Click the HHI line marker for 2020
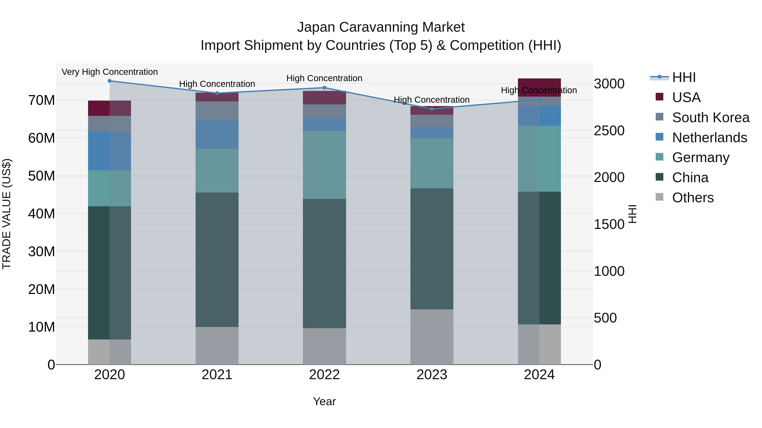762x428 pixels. point(109,81)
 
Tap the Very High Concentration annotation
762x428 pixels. point(109,72)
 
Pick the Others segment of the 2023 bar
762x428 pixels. point(432,337)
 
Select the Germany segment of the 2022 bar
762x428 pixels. point(324,165)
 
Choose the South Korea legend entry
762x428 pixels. point(710,118)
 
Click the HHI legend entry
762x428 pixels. point(683,77)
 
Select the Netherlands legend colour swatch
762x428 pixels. point(659,137)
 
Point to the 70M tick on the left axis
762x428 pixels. point(41,100)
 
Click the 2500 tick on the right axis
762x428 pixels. point(609,131)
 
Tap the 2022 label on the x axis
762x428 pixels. point(324,375)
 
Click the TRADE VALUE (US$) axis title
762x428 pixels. point(7,214)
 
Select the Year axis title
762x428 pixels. point(324,401)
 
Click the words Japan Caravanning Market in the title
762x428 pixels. point(381,27)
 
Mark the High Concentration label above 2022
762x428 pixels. point(324,78)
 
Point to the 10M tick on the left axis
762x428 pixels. point(41,327)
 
